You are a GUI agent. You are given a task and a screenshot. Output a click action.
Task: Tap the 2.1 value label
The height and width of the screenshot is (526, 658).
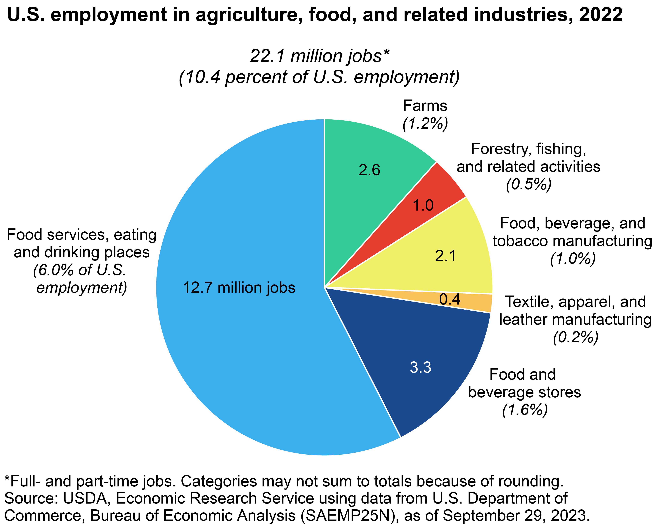click(446, 256)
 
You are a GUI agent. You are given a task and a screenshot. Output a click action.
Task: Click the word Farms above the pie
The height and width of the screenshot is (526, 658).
click(425, 106)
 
